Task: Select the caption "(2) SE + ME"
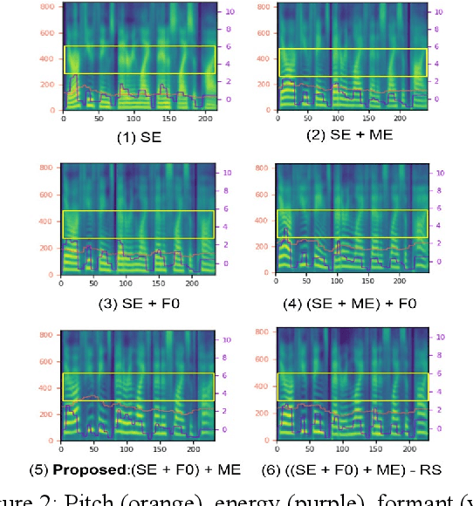tap(349, 135)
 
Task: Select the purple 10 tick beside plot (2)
tap(440, 11)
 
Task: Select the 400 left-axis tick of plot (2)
tap(263, 58)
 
